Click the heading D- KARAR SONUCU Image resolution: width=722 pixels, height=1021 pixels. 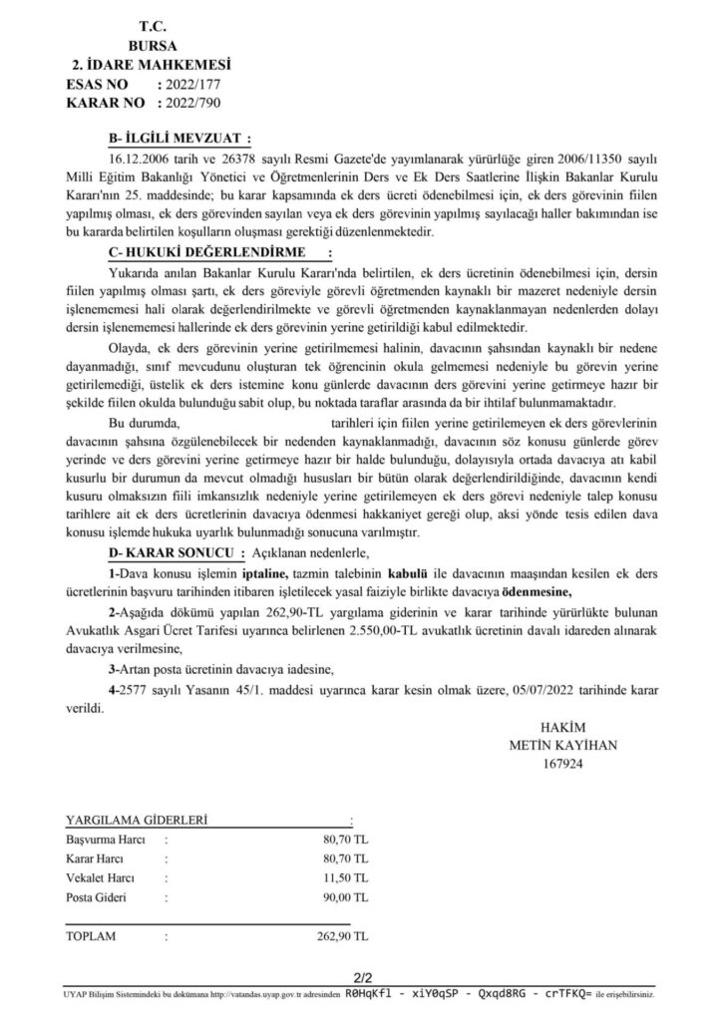click(173, 551)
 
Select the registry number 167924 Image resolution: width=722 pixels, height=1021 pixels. click(562, 765)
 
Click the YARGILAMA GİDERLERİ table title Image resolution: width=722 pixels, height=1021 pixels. click(136, 820)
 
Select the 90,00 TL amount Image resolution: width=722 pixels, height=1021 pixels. click(339, 901)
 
